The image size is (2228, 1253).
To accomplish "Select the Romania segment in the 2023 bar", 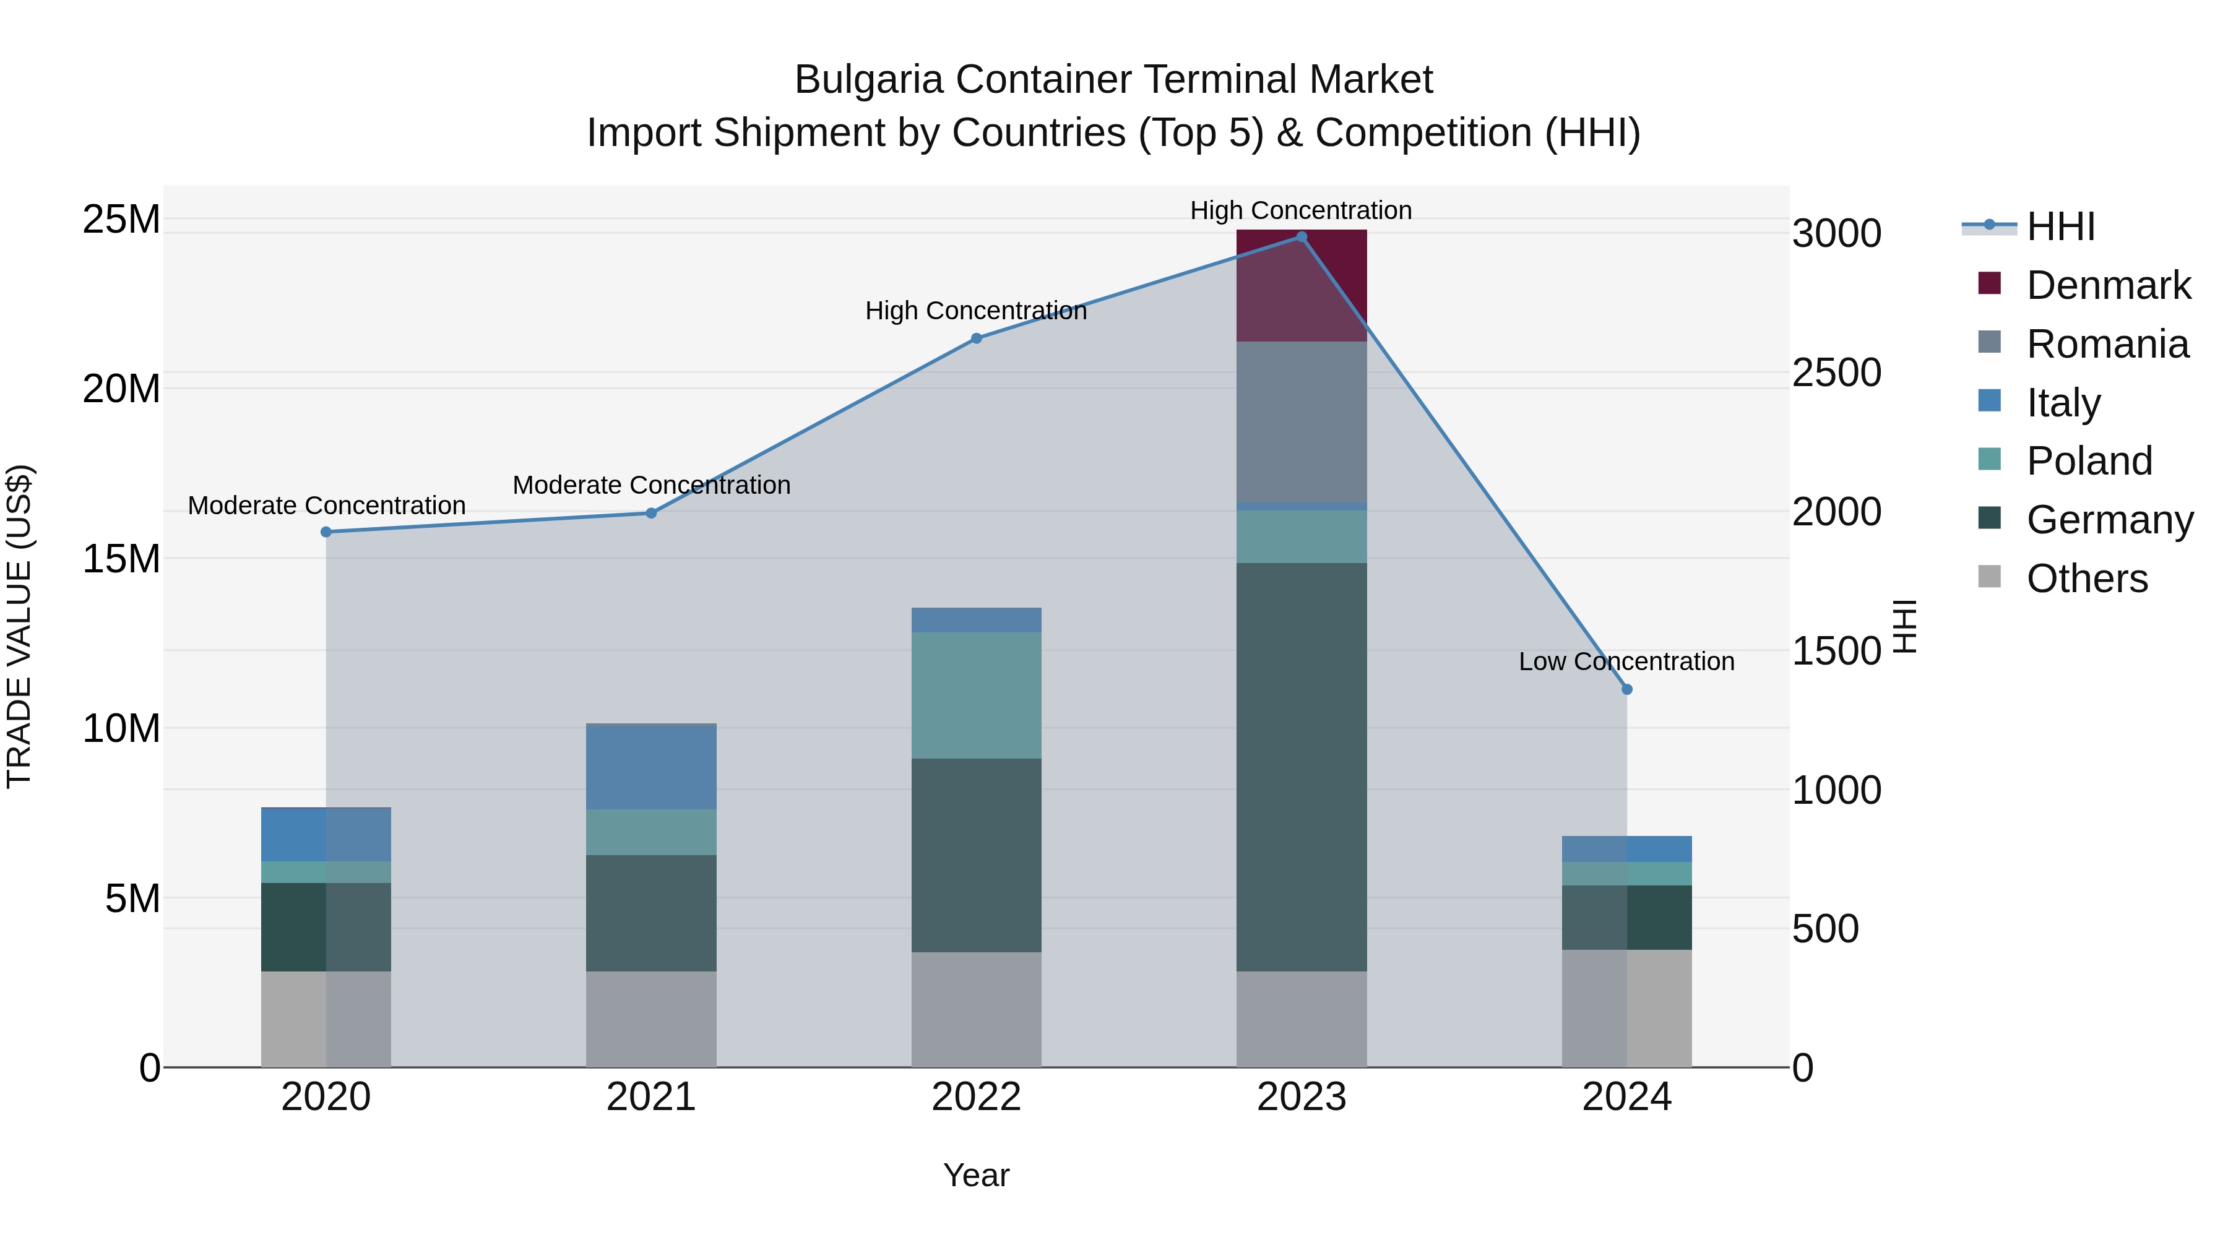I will pos(1301,421).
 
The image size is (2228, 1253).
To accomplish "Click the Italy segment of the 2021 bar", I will pos(650,766).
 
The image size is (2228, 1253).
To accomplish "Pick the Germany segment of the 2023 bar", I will pos(1301,767).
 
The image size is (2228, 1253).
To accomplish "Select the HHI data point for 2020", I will pos(326,532).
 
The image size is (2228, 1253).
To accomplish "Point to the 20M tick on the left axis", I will pos(121,389).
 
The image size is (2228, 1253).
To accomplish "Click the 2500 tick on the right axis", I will pos(1836,372).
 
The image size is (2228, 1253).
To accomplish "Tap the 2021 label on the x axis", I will pos(650,1097).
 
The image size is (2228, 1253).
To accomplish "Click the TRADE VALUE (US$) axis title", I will pos(19,626).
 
